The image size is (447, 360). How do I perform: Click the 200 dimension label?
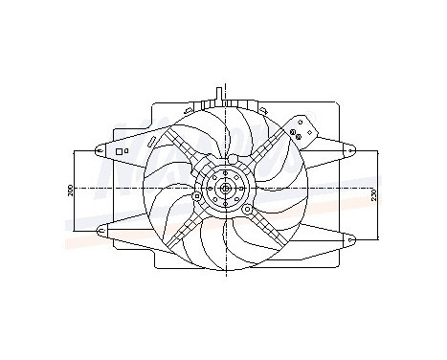(72, 189)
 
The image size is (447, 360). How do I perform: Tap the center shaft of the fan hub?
(224, 189)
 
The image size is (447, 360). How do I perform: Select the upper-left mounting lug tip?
(101, 149)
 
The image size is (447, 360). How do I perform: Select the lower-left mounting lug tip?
(101, 228)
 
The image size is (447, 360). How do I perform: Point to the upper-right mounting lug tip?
(350, 149)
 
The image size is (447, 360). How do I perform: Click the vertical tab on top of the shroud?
(221, 94)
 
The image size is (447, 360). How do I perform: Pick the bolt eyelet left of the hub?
(197, 196)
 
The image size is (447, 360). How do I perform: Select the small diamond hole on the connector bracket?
(305, 123)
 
